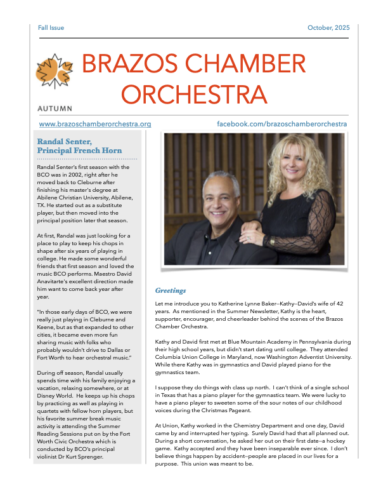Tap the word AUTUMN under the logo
coord(55,109)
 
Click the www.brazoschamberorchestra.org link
coord(95,124)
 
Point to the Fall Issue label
coord(51,28)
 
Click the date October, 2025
coord(328,28)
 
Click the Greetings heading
coord(171,290)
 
